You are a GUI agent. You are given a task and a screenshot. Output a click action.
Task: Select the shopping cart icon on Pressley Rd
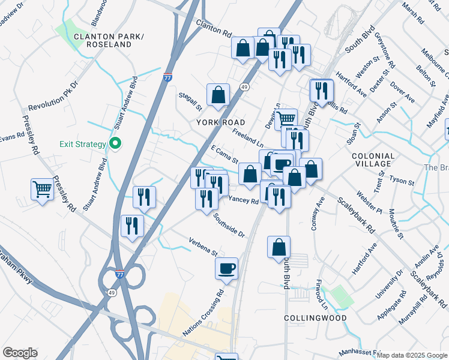coord(42,190)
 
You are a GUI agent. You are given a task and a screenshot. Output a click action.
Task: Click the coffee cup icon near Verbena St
coord(226,269)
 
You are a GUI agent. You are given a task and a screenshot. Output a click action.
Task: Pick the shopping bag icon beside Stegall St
coord(218,94)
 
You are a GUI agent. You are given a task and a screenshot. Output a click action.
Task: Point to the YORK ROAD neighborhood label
coord(221,122)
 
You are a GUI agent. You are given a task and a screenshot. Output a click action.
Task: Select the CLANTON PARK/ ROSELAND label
coord(110,41)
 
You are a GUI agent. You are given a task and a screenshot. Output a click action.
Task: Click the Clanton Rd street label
coord(214,28)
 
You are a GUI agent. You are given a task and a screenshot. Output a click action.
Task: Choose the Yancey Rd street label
coord(243,199)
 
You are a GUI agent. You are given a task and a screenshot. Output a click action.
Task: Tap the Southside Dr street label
coord(229,225)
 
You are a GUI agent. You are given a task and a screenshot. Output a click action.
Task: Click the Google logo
coord(20,353)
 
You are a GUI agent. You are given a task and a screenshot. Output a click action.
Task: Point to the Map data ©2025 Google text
coord(412,355)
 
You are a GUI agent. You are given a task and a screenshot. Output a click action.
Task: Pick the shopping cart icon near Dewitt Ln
coord(286,119)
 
